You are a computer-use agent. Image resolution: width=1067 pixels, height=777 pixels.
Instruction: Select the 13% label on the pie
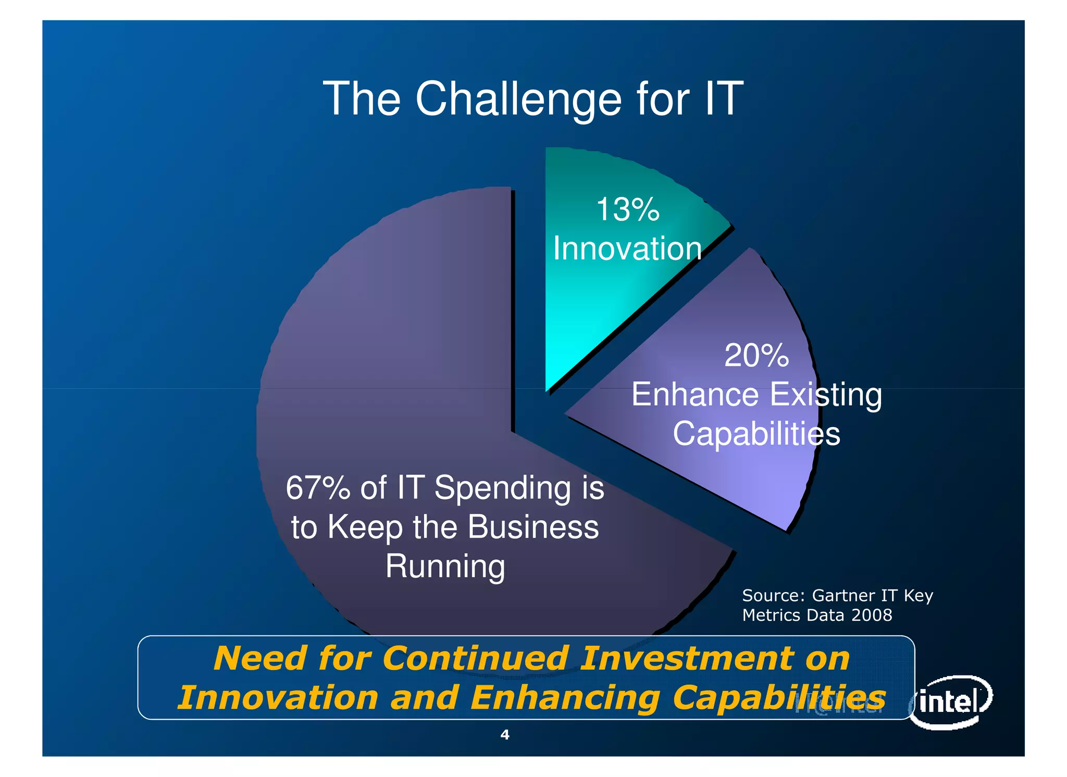[628, 210]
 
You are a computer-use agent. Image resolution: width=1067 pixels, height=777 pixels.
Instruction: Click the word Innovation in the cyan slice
[627, 248]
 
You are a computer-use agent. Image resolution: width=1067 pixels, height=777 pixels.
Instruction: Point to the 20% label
[756, 356]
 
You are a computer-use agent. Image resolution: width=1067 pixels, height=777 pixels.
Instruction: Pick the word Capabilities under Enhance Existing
[756, 434]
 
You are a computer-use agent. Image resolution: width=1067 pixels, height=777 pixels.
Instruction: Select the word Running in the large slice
[445, 567]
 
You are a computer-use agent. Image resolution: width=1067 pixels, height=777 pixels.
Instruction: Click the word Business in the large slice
[533, 527]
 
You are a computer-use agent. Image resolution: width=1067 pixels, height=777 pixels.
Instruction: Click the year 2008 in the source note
[872, 616]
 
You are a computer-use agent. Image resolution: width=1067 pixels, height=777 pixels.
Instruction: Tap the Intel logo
[951, 702]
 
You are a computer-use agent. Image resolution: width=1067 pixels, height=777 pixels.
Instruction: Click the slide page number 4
[504, 735]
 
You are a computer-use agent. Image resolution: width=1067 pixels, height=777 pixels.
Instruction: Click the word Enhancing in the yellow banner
[565, 698]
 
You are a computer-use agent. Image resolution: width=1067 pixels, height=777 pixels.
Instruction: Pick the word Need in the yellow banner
[260, 658]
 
